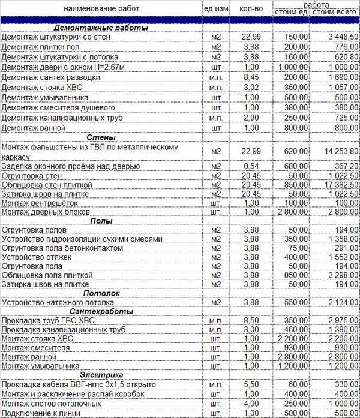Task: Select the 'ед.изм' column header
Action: pos(216,9)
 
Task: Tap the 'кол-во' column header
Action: pos(251,9)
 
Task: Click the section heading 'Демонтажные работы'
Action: pos(101,28)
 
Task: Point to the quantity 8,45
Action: pos(251,77)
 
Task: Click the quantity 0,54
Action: pos(251,166)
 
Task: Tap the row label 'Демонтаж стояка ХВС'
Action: pos(41,88)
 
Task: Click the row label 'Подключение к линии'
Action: pos(40,413)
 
